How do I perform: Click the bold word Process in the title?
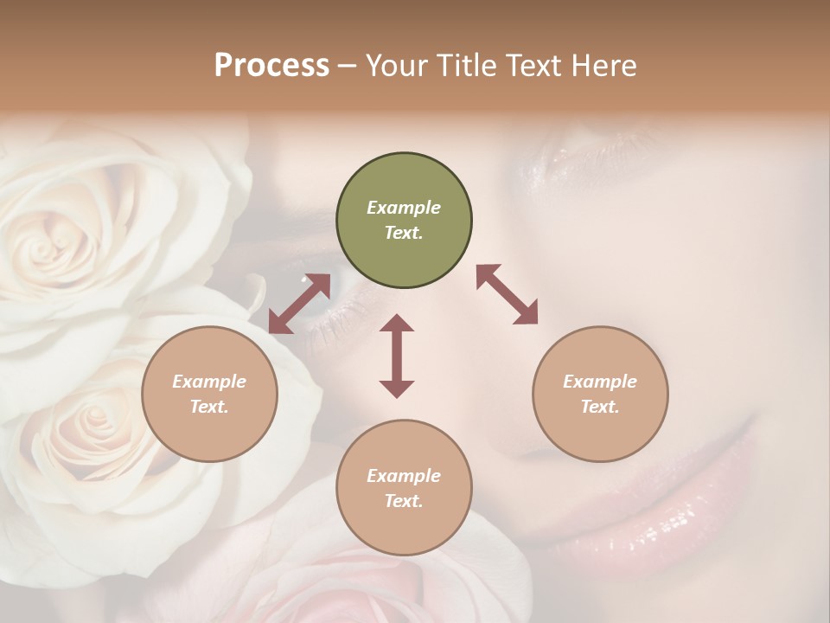[x=271, y=65]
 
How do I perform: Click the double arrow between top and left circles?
[x=299, y=304]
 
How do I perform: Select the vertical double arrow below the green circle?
[x=397, y=356]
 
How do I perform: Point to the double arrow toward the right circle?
[x=507, y=295]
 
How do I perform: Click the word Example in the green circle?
[x=404, y=208]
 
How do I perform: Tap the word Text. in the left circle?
[x=209, y=407]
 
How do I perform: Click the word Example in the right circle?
[x=600, y=382]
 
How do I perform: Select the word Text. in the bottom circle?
[x=404, y=501]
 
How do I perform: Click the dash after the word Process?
[x=348, y=66]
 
